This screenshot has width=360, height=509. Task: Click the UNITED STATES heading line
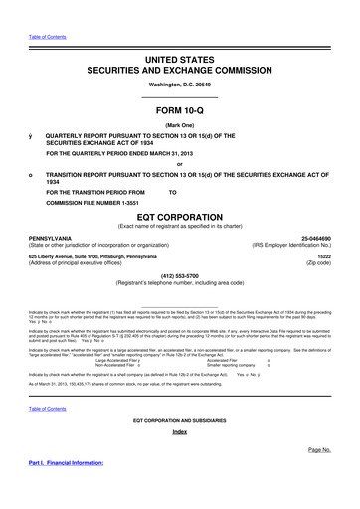coord(180,61)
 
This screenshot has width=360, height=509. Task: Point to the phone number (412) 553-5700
coord(179,277)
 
